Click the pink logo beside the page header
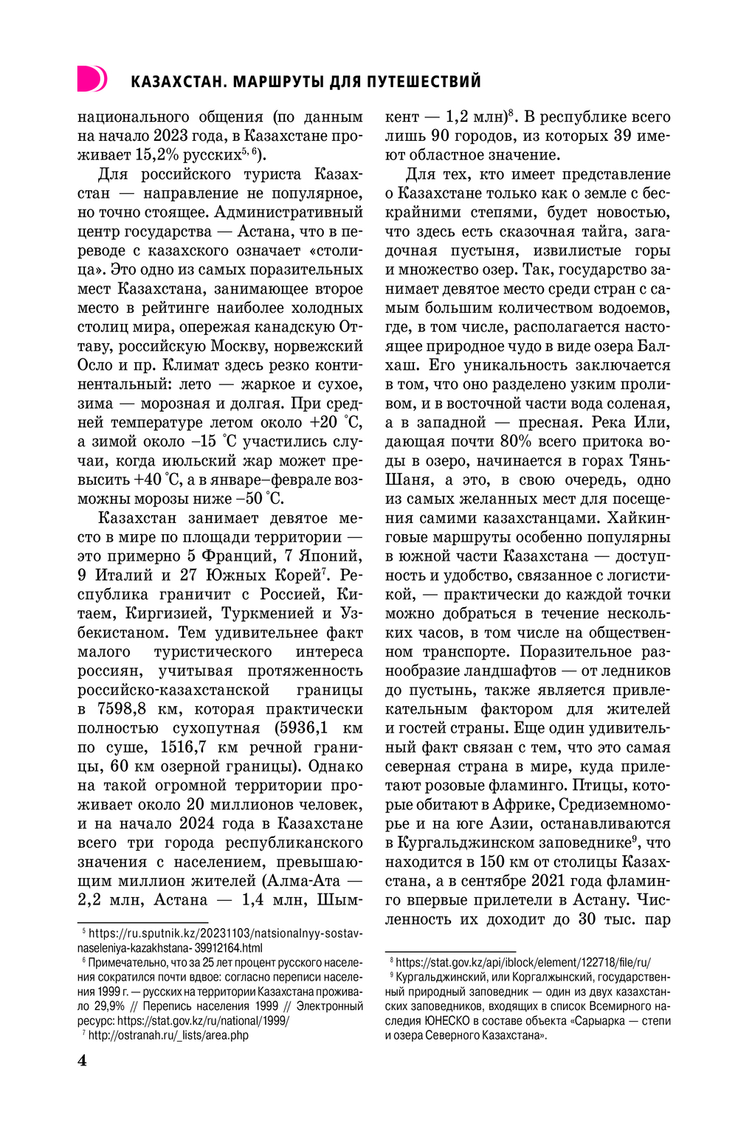click(92, 79)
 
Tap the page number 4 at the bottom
click(82, 1060)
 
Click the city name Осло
click(97, 365)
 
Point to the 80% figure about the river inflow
click(516, 442)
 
